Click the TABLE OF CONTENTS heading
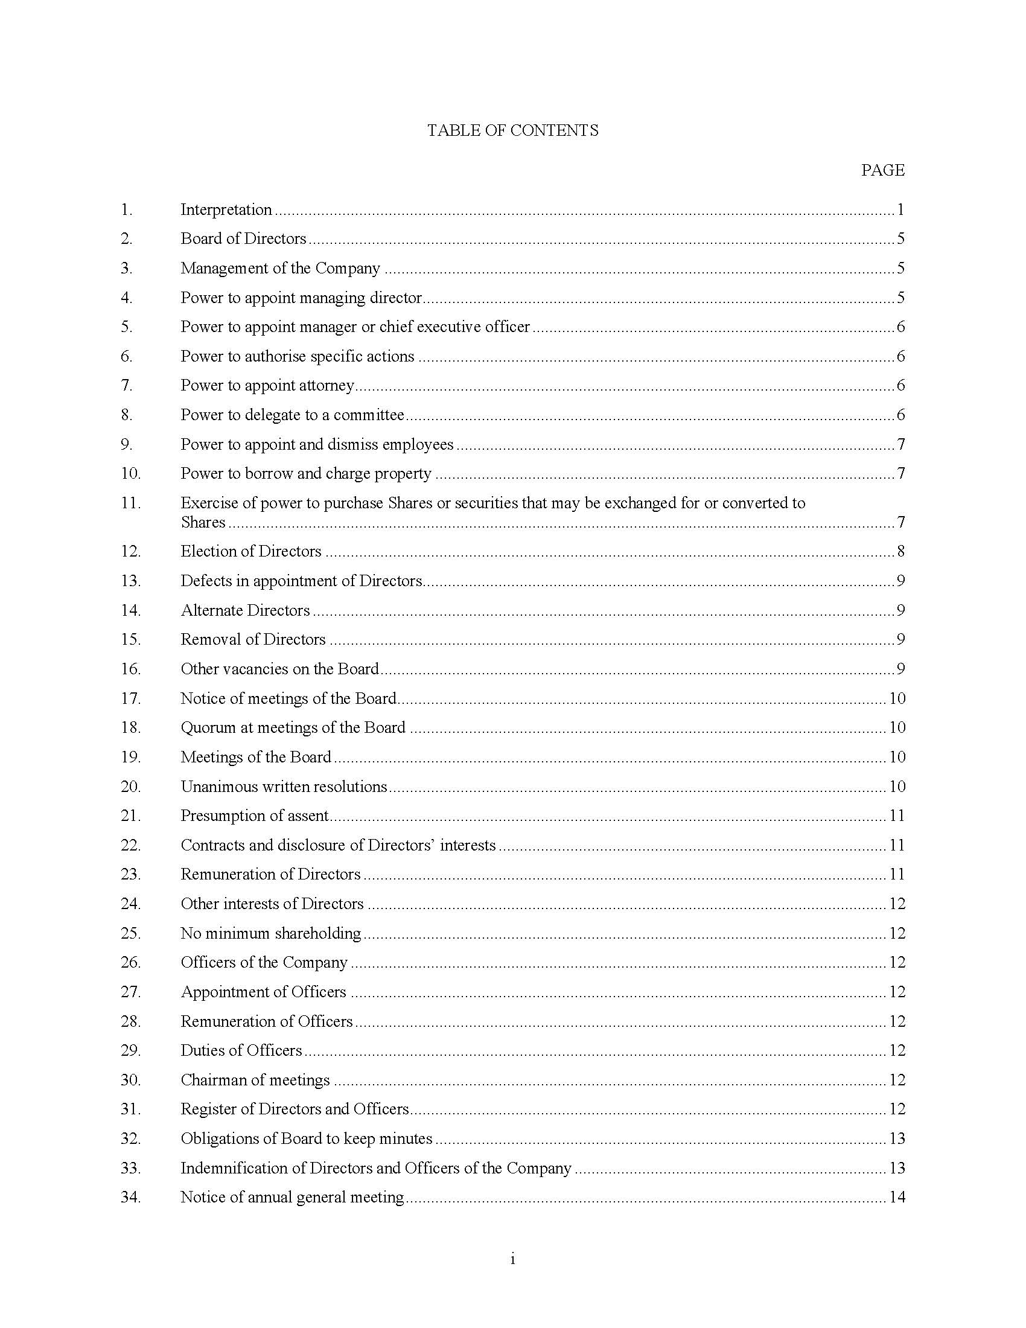512,131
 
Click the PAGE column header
882,170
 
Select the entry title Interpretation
226,210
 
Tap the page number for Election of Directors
900,552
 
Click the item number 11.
131,503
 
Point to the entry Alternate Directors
245,610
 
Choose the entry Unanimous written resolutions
284,787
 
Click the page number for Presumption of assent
897,816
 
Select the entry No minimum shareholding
270,933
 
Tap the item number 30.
131,1081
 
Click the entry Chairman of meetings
255,1081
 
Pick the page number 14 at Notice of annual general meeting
897,1198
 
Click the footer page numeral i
512,1260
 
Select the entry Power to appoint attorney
267,386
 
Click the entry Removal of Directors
253,640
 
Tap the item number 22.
131,845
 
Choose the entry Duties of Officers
241,1051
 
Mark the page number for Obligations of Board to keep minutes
897,1139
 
